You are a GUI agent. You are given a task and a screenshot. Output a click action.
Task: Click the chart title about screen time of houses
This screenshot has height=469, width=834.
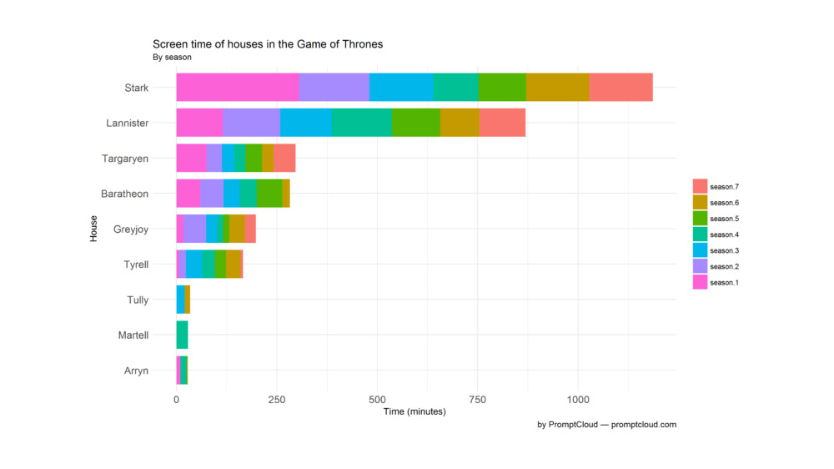click(x=267, y=44)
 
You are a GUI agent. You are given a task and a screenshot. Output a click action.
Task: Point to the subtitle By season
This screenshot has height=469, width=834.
click(x=172, y=58)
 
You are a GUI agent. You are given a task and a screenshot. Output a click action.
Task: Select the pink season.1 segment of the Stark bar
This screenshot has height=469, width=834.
click(x=238, y=88)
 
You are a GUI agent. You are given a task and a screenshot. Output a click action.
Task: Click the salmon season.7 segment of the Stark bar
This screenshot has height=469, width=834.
click(x=620, y=88)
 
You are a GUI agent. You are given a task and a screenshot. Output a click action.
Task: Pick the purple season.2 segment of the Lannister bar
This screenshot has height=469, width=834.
click(x=251, y=123)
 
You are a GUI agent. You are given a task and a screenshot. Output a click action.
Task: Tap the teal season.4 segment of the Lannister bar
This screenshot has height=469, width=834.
click(x=361, y=123)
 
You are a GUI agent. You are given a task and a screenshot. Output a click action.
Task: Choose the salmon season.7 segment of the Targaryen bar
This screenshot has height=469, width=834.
click(x=284, y=158)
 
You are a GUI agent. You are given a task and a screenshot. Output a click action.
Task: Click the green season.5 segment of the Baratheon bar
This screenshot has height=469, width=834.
click(x=269, y=194)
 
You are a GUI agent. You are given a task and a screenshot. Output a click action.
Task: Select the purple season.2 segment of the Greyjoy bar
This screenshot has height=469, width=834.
click(x=194, y=229)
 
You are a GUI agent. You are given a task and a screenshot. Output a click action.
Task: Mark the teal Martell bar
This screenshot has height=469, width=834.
click(x=182, y=335)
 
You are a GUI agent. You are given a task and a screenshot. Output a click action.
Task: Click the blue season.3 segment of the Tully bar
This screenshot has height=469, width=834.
click(x=180, y=300)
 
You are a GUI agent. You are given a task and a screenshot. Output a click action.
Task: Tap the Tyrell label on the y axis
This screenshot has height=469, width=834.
click(x=135, y=265)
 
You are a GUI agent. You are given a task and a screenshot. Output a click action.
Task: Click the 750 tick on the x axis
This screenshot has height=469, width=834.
click(x=478, y=400)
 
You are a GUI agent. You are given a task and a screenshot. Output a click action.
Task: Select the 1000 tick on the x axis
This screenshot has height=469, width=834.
click(x=578, y=400)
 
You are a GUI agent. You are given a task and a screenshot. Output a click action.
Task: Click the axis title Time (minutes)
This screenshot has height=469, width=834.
click(x=414, y=412)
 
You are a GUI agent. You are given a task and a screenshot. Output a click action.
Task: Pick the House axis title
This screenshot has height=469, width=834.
click(x=94, y=229)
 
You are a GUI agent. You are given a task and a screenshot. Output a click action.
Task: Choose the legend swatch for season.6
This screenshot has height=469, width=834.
click(x=701, y=203)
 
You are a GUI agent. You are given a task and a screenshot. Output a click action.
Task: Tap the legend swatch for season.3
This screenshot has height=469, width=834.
click(x=701, y=250)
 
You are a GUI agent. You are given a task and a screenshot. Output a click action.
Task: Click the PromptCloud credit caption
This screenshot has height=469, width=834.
click(x=606, y=425)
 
